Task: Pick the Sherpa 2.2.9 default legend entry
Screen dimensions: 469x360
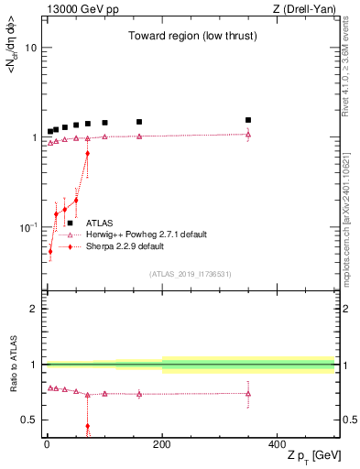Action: [x=125, y=246]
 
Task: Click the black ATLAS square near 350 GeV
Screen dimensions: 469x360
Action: [x=248, y=120]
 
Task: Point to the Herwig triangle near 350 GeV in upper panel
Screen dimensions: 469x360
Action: [x=248, y=135]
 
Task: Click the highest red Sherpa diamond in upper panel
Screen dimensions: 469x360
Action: [x=87, y=153]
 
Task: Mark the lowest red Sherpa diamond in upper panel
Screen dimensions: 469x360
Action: [x=50, y=251]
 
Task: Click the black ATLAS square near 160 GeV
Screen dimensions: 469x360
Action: [x=139, y=122]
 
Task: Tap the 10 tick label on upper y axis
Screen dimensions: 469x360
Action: [x=29, y=48]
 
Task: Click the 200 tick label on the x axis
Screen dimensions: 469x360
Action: [x=162, y=443]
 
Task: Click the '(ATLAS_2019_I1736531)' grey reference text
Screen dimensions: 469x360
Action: [x=190, y=274]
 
